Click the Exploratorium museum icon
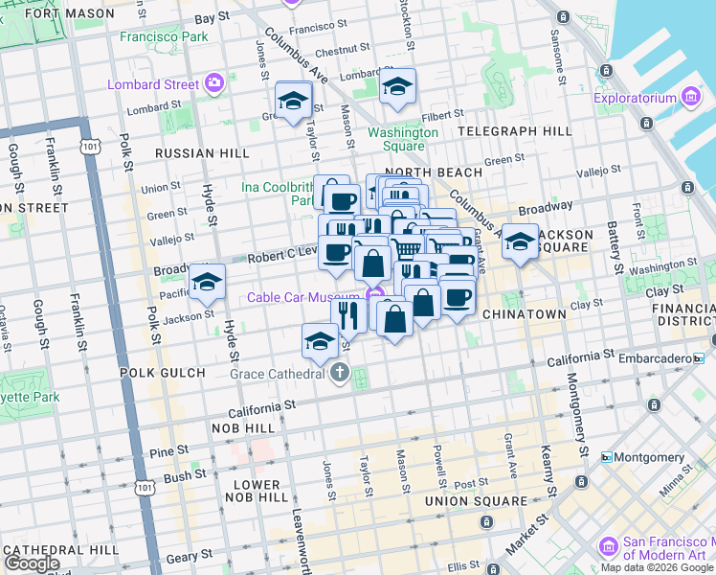[x=691, y=98]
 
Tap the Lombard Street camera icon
[x=213, y=83]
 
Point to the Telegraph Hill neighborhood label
[x=514, y=130]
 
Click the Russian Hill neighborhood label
[x=202, y=152]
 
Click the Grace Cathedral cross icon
[x=340, y=374]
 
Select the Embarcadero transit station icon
[x=699, y=357]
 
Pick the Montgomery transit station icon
[x=606, y=457]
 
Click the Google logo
[x=31, y=563]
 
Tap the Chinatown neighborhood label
[x=525, y=313]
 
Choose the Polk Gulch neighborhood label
[x=162, y=372]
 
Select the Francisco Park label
[x=164, y=36]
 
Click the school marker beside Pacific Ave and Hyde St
[x=207, y=281]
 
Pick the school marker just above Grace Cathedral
[x=320, y=340]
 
